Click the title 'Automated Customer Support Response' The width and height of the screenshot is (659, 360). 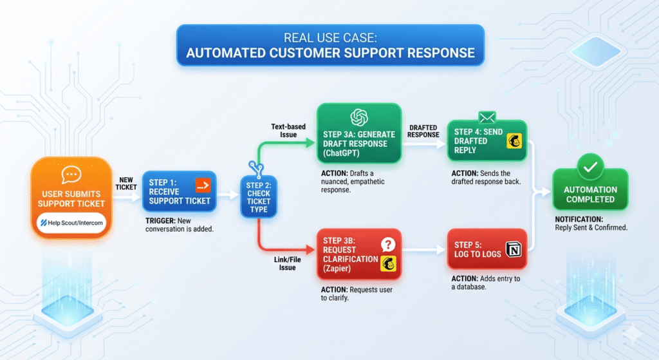[330, 52]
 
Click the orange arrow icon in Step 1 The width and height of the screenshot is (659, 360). [203, 186]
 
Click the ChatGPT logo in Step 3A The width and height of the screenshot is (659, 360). [358, 117]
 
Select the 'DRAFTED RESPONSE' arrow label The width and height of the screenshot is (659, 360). [423, 130]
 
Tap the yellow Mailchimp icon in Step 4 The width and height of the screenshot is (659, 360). [514, 142]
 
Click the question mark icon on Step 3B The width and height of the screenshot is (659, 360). [387, 245]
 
